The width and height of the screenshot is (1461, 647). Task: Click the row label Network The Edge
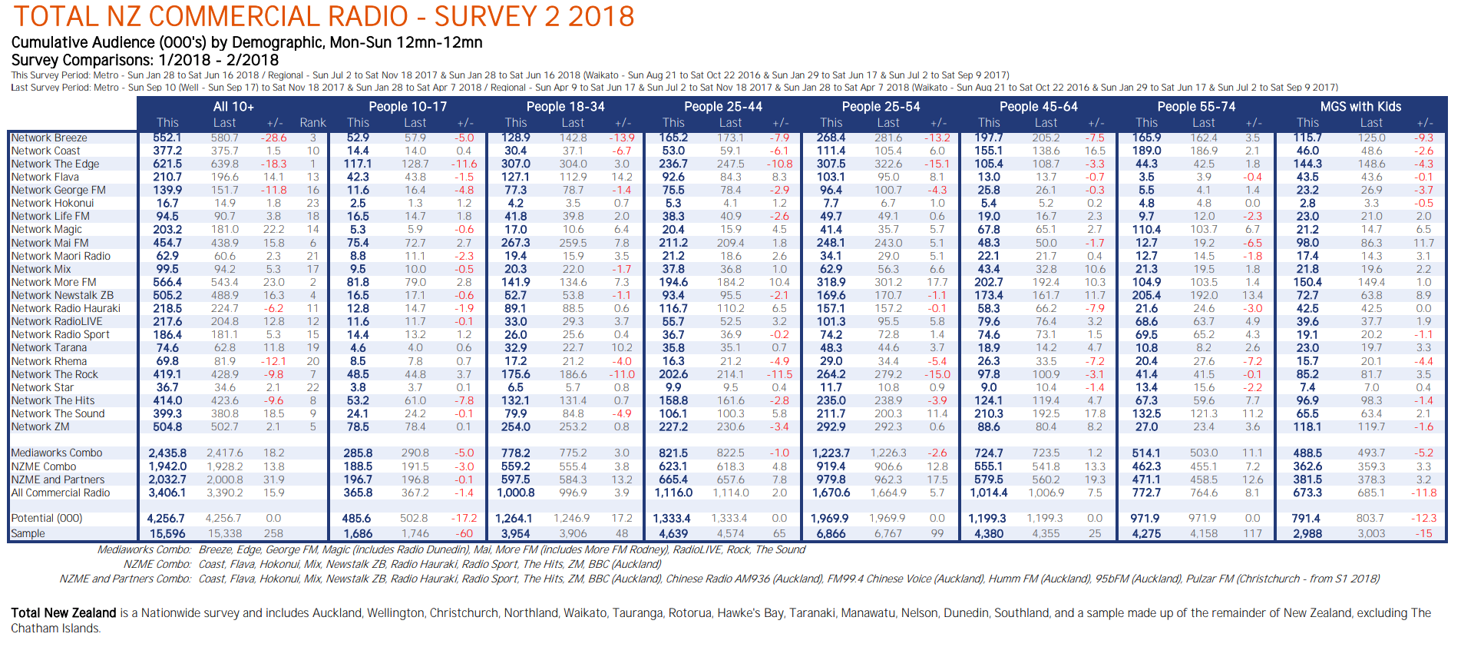[x=55, y=164]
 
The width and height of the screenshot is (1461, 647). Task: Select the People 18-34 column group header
[x=565, y=107]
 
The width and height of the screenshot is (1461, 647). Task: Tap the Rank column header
[x=312, y=123]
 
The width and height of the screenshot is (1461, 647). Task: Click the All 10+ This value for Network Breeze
[x=167, y=138]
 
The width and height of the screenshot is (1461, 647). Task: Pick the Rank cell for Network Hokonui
[x=312, y=204]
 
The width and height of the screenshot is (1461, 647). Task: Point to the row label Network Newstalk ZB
[x=62, y=295]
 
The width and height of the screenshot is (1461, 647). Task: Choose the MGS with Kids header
[x=1360, y=107]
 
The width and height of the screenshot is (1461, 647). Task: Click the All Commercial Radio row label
[x=61, y=493]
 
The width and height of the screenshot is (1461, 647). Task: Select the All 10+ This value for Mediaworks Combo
[x=167, y=453]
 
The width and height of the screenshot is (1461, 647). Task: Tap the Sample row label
[x=28, y=533]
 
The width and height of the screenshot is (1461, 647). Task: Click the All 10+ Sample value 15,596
[x=167, y=533]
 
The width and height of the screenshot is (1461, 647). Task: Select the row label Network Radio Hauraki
[x=66, y=308]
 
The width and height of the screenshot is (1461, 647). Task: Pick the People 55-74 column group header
[x=1196, y=107]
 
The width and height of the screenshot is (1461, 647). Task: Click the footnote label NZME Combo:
[x=157, y=564]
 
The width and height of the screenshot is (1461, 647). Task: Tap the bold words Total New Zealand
[x=64, y=613]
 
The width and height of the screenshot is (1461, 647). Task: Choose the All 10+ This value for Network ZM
[x=167, y=426]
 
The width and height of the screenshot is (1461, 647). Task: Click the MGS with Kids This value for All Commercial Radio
[x=1307, y=493]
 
